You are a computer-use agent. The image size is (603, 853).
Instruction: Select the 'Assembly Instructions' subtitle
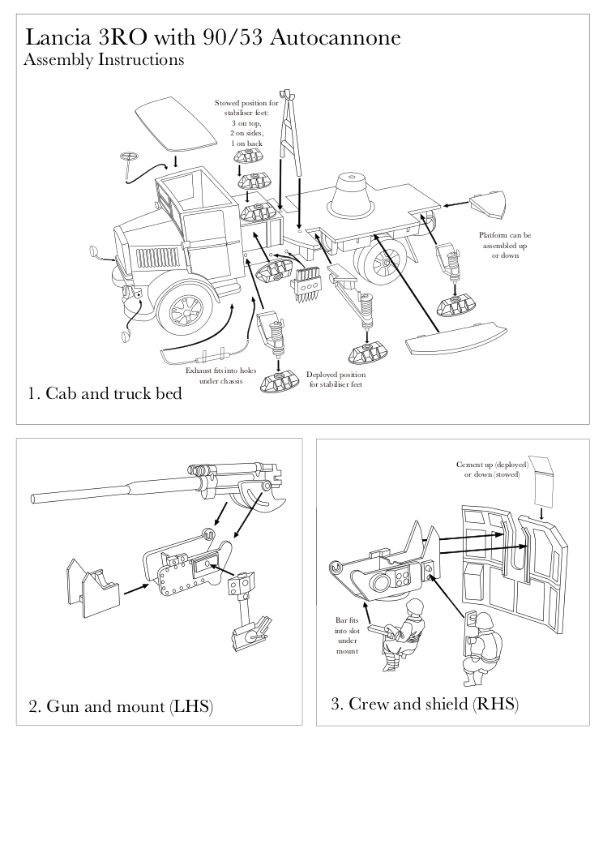pyautogui.click(x=104, y=60)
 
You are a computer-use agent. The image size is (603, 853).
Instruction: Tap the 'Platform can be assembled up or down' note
pyautogui.click(x=505, y=246)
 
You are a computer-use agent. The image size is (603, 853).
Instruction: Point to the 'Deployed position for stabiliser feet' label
pyautogui.click(x=336, y=379)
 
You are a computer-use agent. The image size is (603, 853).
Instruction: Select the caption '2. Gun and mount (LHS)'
pyautogui.click(x=121, y=706)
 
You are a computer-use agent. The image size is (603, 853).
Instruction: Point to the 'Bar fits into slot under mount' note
pyautogui.click(x=346, y=636)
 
